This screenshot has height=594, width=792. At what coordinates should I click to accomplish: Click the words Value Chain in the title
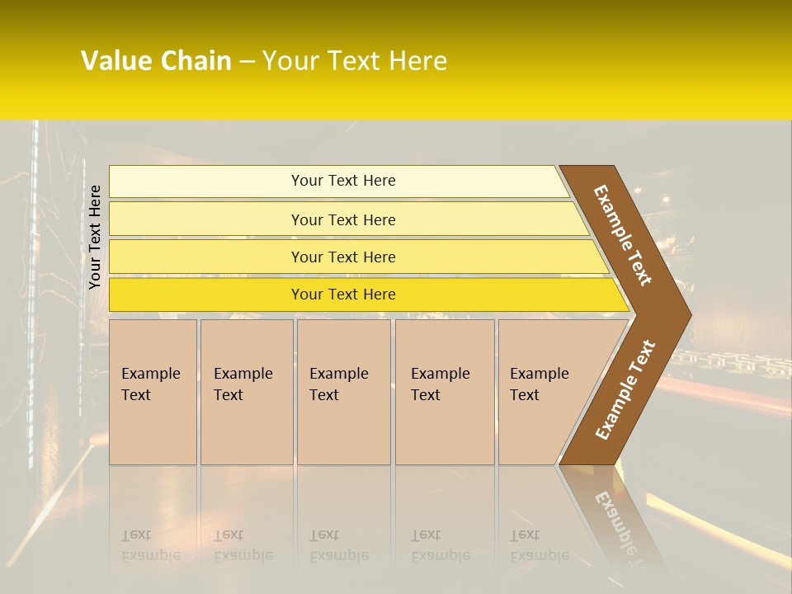(156, 61)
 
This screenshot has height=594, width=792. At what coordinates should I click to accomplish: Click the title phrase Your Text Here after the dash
(355, 61)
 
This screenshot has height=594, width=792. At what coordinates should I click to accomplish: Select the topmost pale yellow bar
(343, 181)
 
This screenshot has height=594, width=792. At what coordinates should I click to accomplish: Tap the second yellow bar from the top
(343, 219)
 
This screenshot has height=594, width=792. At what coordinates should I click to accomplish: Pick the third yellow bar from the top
(343, 257)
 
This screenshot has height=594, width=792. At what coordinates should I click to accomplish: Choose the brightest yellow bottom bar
(343, 295)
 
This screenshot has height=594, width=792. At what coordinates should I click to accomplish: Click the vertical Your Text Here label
(95, 237)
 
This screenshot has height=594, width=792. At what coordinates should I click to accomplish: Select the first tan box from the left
(153, 392)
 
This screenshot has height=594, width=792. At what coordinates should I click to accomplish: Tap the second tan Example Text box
(246, 392)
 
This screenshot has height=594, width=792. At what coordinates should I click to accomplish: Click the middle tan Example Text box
(343, 392)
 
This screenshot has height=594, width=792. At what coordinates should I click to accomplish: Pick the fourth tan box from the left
(445, 392)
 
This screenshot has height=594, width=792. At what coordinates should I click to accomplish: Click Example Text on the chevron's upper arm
(623, 235)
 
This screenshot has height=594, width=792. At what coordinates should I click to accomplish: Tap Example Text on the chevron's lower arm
(625, 390)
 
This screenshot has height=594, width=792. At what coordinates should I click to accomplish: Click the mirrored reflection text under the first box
(150, 546)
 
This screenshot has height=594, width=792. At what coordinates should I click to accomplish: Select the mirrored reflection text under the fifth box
(539, 546)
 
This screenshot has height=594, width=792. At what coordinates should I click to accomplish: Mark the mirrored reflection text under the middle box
(338, 546)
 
